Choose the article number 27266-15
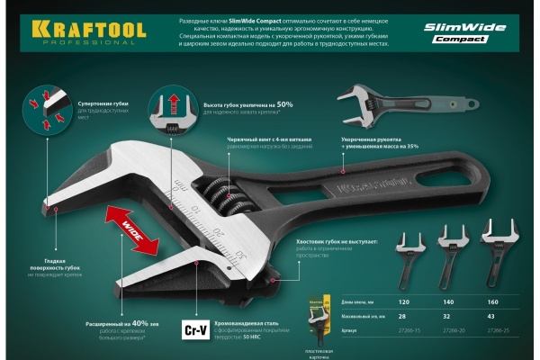pos(405,331)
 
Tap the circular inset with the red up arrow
pos(175,108)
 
